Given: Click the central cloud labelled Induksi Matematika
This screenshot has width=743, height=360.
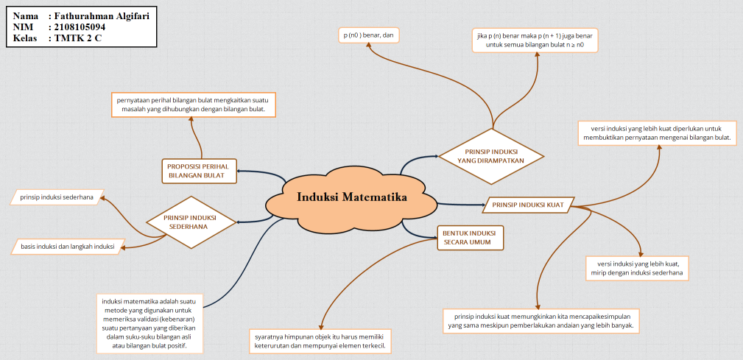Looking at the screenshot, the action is pos(352,197).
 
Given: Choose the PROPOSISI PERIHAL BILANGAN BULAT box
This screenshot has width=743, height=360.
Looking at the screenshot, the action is pos(197,171).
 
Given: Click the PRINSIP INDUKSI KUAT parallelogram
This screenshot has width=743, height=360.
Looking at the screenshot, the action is pos(528,205).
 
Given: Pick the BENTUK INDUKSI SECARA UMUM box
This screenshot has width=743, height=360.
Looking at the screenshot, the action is pos(469,238).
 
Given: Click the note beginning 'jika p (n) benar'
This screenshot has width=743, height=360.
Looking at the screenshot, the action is pos(535,40).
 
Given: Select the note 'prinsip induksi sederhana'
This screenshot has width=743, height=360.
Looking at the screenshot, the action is pos(57,197).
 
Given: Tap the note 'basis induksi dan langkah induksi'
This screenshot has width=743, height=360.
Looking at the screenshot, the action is pos(68,247).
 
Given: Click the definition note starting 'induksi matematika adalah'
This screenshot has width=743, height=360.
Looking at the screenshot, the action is pos(150,322).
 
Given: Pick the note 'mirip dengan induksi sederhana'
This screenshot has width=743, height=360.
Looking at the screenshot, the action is pos(637,268).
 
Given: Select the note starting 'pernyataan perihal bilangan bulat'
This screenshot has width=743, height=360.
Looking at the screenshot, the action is pos(191,104).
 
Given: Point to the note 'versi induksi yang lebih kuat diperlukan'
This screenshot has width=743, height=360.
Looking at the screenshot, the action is pos(656,133).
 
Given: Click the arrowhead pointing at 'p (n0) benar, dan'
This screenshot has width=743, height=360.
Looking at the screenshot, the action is pos(371,49).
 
